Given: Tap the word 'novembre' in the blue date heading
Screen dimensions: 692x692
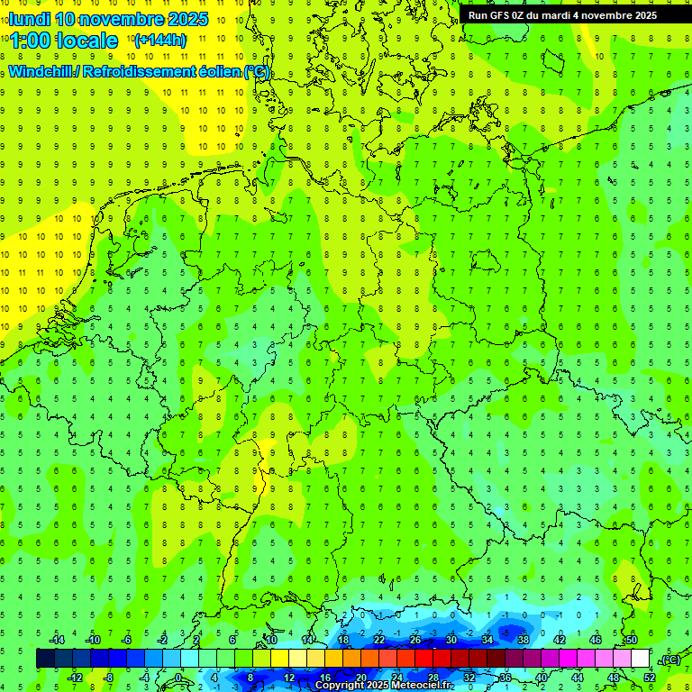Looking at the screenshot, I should (121, 19).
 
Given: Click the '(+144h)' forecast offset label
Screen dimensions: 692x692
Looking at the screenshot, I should (159, 40).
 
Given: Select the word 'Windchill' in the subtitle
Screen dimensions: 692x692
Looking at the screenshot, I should (41, 72).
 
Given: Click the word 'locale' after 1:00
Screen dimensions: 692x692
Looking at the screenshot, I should (86, 41).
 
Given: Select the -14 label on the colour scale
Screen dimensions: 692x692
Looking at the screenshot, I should (58, 640).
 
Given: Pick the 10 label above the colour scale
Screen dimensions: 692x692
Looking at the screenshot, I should (271, 640).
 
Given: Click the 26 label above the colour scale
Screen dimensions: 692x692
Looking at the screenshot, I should (415, 640).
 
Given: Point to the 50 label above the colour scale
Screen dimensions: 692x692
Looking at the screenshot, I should (632, 640).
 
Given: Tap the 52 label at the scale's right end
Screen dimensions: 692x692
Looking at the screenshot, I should (649, 678).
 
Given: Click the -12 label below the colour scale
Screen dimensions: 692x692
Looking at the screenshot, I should (76, 678).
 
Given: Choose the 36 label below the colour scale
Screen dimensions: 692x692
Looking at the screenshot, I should (505, 678).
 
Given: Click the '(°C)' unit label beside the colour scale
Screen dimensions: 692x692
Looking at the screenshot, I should (670, 660).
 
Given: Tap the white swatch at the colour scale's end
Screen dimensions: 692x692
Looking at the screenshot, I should (641, 659).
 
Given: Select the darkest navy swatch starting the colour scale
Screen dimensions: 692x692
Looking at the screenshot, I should (45, 659).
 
